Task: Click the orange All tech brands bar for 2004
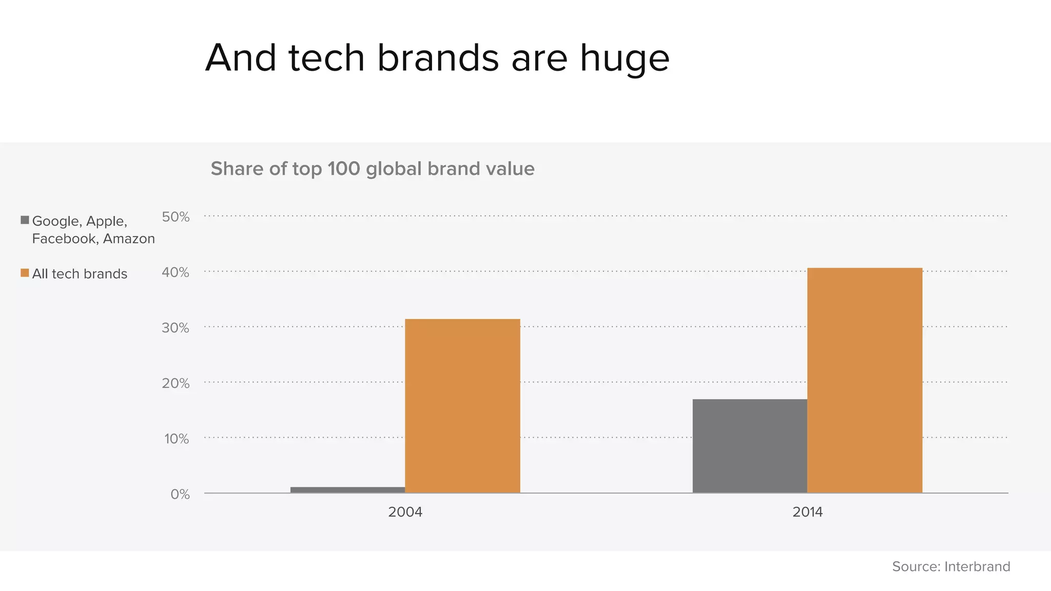[x=462, y=406]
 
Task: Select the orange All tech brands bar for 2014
[x=865, y=380]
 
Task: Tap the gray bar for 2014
[x=750, y=446]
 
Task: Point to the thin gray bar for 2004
[x=347, y=490]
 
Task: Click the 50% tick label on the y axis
[x=176, y=217]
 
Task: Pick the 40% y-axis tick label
[x=176, y=272]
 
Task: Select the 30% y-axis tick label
[x=176, y=328]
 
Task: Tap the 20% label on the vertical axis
[x=176, y=383]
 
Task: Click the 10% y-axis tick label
[x=176, y=439]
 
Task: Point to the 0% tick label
[x=180, y=494]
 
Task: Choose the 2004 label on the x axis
[x=405, y=512]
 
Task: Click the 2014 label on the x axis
[x=807, y=512]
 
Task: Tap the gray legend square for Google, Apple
[x=25, y=220]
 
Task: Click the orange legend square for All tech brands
[x=25, y=273]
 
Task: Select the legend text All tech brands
[x=80, y=274]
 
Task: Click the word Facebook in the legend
[x=64, y=239]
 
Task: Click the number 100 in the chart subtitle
[x=343, y=169]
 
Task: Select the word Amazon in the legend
[x=129, y=239]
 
